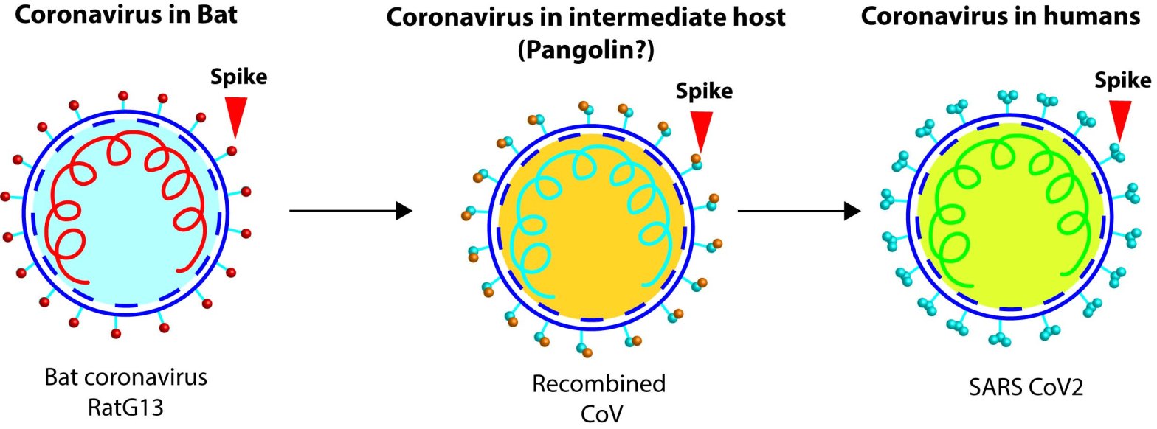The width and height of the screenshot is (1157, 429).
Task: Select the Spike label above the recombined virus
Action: [704, 91]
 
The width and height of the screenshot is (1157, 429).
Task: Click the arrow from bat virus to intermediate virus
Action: [350, 212]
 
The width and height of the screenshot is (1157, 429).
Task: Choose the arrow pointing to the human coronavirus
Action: [800, 212]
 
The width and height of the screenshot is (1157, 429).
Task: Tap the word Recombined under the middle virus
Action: [598, 384]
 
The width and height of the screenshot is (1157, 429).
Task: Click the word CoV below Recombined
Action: [599, 411]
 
